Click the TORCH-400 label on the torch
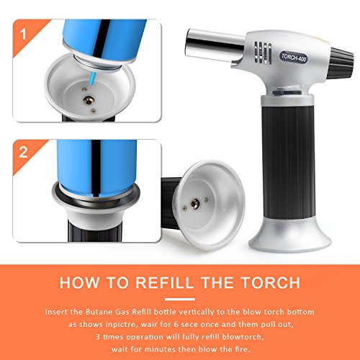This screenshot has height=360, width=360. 294,58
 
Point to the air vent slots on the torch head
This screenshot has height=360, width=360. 263,53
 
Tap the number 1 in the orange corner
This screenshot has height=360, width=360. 23,34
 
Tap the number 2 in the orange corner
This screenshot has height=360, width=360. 23,152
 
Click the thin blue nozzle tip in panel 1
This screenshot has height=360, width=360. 92,79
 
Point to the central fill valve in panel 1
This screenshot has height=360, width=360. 89,100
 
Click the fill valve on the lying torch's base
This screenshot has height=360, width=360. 195,204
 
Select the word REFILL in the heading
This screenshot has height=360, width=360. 164,282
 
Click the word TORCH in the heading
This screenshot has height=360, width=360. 271,282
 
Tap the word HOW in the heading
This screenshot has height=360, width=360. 79,282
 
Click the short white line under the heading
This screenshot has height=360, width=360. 180,300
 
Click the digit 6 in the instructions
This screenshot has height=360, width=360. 176,325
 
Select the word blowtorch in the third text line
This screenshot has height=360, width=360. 243,337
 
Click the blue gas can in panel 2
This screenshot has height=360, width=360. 96,167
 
